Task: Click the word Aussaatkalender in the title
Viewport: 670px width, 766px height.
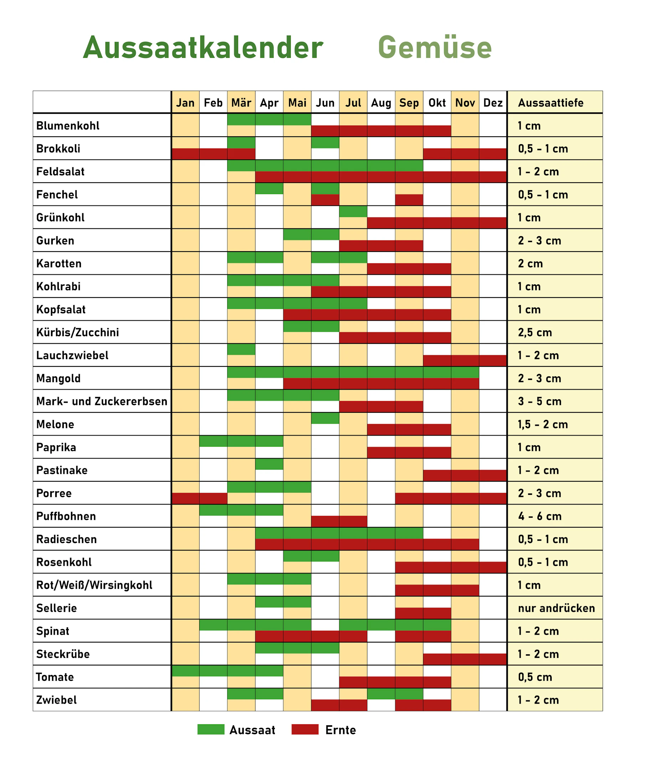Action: tap(203, 47)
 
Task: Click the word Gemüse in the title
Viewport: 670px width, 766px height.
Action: tap(435, 47)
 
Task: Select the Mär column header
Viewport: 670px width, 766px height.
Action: tap(241, 102)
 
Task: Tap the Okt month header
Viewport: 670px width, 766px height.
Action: tap(437, 102)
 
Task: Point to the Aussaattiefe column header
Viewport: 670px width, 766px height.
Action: tap(551, 102)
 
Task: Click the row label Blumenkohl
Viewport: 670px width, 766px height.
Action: tap(68, 126)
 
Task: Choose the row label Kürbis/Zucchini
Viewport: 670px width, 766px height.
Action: tap(77, 332)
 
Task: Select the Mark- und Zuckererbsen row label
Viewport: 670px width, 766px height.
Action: tap(102, 401)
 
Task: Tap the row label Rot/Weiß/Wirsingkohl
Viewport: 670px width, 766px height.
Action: tap(94, 585)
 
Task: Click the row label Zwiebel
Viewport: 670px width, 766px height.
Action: tap(56, 700)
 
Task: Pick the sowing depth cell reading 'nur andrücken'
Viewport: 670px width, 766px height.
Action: tap(556, 608)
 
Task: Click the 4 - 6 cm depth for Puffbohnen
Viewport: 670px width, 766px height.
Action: tap(540, 516)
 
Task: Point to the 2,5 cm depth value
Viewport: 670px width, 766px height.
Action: tap(535, 332)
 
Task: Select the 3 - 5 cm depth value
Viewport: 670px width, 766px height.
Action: tap(540, 401)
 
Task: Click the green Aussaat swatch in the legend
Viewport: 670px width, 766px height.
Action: tap(211, 729)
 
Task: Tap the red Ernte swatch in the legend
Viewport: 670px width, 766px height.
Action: tap(305, 729)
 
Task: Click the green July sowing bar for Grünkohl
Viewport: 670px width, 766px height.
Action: tap(353, 212)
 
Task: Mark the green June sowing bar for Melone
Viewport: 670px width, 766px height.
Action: tap(325, 418)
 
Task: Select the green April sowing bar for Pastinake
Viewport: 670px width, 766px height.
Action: tap(269, 464)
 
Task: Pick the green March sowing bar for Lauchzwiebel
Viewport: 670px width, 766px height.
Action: tap(241, 350)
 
